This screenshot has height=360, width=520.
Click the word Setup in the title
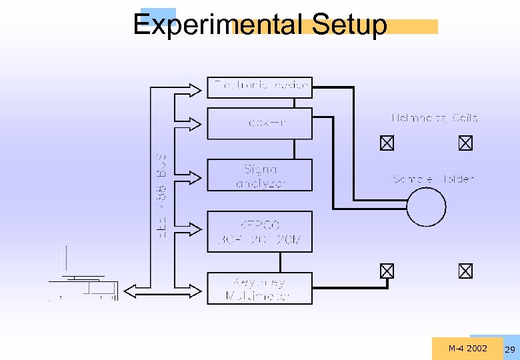tap(349, 25)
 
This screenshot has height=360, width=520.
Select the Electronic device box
tap(259, 87)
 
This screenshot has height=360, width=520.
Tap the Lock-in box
tap(259, 123)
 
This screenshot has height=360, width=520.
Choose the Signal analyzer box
tap(259, 175)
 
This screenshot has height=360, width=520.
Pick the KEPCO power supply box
tap(259, 231)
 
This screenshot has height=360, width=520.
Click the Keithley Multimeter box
tap(259, 289)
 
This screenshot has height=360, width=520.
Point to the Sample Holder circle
tap(427, 207)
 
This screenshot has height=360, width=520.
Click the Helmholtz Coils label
tap(434, 118)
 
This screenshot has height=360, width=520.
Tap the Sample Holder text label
tap(433, 179)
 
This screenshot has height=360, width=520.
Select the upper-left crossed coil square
tap(387, 143)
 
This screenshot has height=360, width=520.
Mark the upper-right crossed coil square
tap(465, 143)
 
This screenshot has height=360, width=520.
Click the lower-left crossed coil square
tap(387, 271)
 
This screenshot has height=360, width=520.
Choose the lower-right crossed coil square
tap(465, 271)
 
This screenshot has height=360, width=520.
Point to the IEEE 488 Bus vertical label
tap(161, 190)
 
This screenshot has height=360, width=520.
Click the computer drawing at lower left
tap(83, 277)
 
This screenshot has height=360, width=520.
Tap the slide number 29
tap(510, 350)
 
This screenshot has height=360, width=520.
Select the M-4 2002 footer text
tap(467, 348)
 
